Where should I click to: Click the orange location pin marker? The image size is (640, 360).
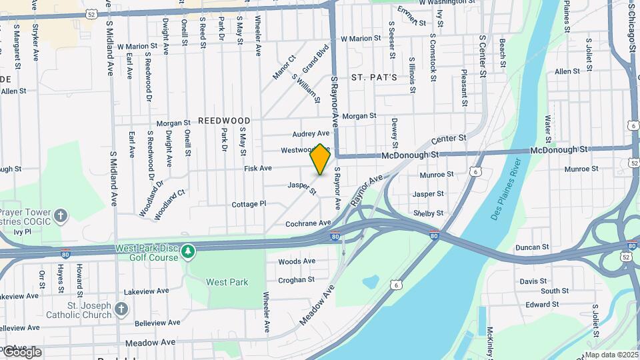click(321, 159)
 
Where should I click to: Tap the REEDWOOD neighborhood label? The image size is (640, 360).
click(224, 121)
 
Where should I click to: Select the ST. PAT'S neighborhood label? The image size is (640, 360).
click(374, 77)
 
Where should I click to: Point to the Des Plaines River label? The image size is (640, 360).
click(506, 193)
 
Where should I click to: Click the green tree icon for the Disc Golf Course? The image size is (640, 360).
click(189, 251)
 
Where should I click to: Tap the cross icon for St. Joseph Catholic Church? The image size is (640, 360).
click(121, 309)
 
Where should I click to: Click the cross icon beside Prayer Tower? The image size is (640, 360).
click(61, 215)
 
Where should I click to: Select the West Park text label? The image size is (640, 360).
click(227, 282)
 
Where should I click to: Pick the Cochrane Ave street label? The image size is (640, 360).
click(308, 223)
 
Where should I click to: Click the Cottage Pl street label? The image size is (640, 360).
click(249, 204)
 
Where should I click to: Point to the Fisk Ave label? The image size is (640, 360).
click(258, 169)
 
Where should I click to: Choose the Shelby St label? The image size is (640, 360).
click(429, 213)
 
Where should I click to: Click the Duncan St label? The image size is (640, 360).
click(532, 247)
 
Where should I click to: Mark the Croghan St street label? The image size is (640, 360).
click(296, 280)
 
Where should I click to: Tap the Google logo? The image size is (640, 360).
click(21, 351)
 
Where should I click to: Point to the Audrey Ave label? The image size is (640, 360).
click(311, 134)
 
